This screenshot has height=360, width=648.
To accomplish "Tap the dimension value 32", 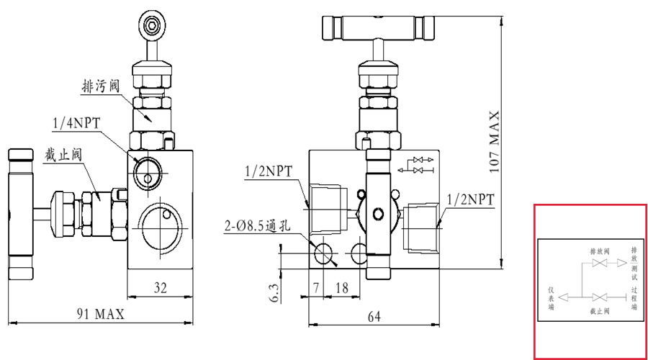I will coord(160,288).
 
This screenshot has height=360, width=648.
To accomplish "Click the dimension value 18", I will coord(342,288).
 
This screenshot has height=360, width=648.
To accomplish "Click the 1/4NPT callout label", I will coord(76,123).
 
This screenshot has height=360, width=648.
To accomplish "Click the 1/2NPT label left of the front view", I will coord(269,171).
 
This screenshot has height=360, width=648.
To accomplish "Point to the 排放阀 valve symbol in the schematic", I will coord(599,264).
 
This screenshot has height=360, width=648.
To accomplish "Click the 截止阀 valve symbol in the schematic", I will coord(599,297).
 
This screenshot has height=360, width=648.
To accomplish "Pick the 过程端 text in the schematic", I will coord(634,298).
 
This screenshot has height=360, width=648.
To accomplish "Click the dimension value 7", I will coord(315,288).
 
